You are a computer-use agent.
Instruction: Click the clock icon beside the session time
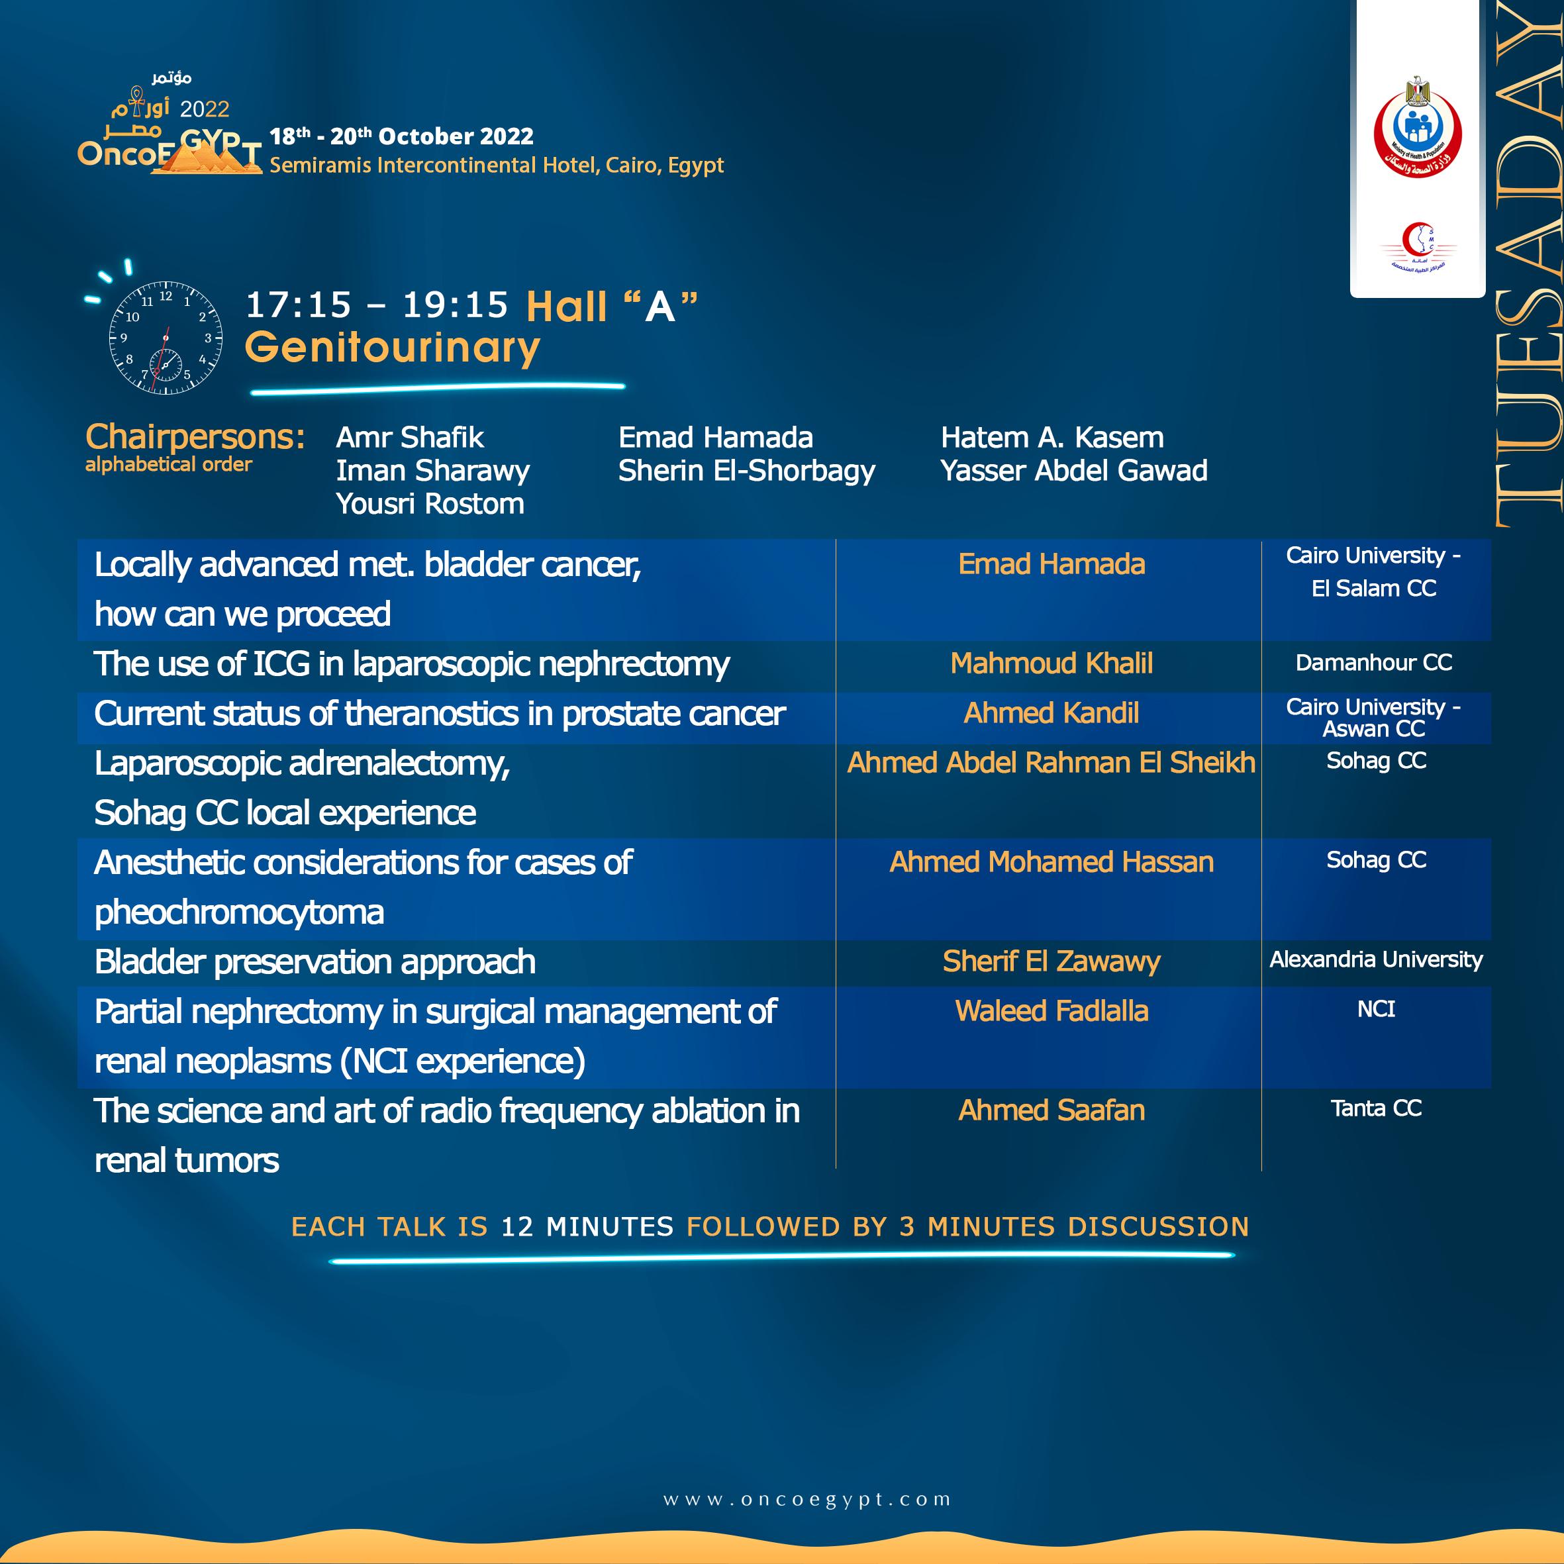click(165, 338)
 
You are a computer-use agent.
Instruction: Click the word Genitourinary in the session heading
click(393, 347)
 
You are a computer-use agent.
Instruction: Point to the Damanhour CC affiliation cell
click(1374, 663)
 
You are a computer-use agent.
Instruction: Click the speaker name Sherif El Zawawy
click(1051, 961)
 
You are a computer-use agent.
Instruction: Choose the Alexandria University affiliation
click(1375, 959)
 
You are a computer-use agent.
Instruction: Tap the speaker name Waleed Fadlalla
click(1051, 1011)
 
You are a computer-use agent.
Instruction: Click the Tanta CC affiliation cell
click(1375, 1108)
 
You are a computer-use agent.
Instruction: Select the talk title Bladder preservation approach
click(315, 961)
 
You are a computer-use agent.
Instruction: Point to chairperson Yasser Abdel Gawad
click(1073, 470)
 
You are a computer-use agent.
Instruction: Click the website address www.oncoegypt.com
click(807, 1499)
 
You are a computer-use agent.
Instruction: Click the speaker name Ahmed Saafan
click(1051, 1110)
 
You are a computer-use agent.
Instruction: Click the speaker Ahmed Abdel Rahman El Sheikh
click(1051, 763)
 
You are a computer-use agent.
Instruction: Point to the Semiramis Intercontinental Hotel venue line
click(496, 165)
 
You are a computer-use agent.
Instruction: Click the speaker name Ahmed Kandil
click(1051, 713)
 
